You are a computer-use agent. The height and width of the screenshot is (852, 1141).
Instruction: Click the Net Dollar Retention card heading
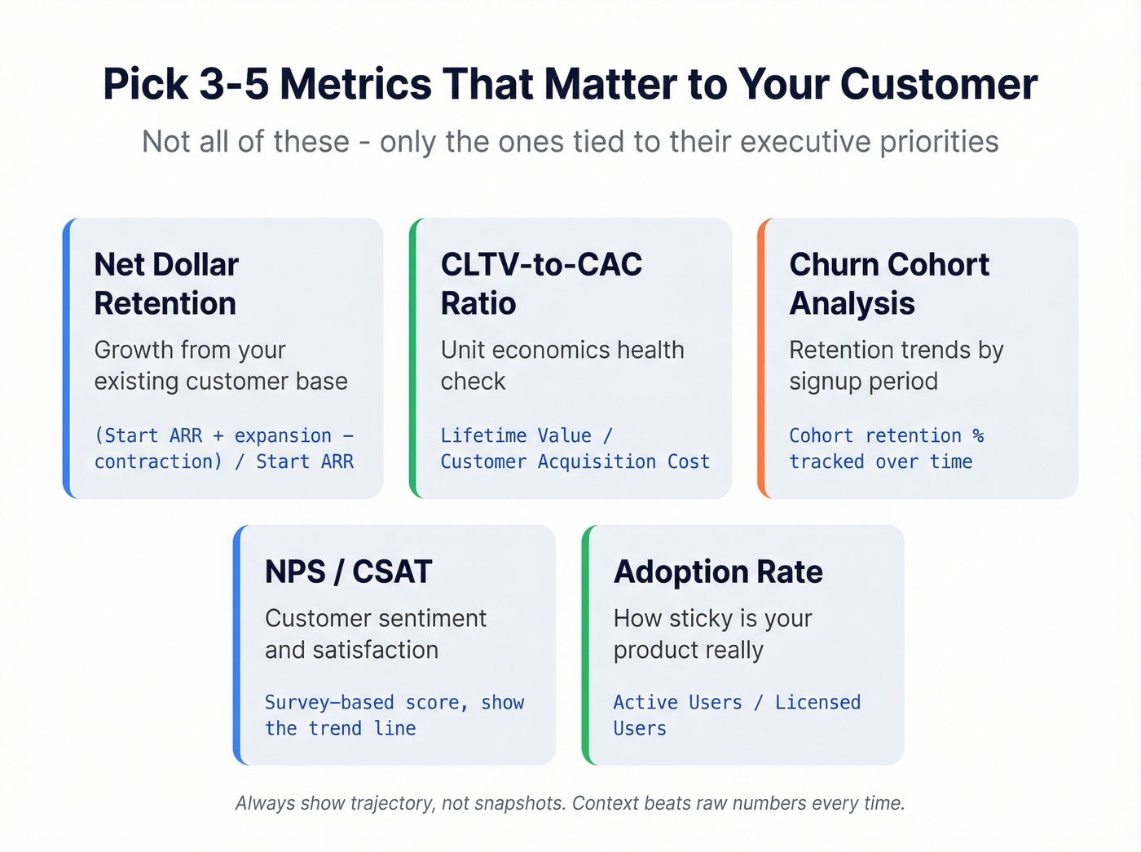pos(166,284)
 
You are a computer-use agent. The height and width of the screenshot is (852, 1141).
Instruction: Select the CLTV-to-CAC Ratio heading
pos(541,284)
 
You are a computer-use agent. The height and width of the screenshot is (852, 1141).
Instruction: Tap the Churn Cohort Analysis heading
pos(888,284)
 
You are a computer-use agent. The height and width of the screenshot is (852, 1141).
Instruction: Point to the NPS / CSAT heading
pos(348,572)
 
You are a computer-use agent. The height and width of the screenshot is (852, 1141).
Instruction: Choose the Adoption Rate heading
pos(718,572)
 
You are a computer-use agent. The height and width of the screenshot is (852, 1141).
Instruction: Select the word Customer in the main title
pos(938,84)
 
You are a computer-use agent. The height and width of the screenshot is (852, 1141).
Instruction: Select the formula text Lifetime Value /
pos(526,435)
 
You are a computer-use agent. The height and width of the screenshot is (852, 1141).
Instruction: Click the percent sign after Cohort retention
pos(978,436)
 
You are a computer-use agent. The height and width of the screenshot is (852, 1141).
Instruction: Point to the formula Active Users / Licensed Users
pos(736,714)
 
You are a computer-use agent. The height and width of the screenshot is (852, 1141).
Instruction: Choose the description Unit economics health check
pos(562,365)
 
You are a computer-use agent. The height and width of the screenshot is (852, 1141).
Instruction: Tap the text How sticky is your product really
pos(712,633)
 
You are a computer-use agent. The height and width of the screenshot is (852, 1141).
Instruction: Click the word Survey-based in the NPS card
pos(328,702)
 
